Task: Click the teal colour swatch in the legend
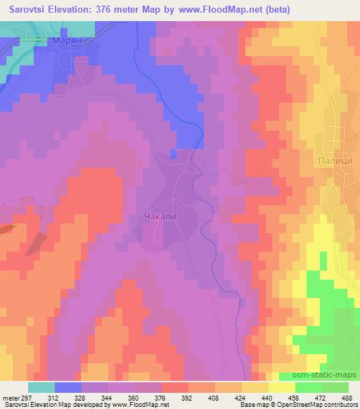tap(41, 387)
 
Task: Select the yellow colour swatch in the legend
tap(282, 387)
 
